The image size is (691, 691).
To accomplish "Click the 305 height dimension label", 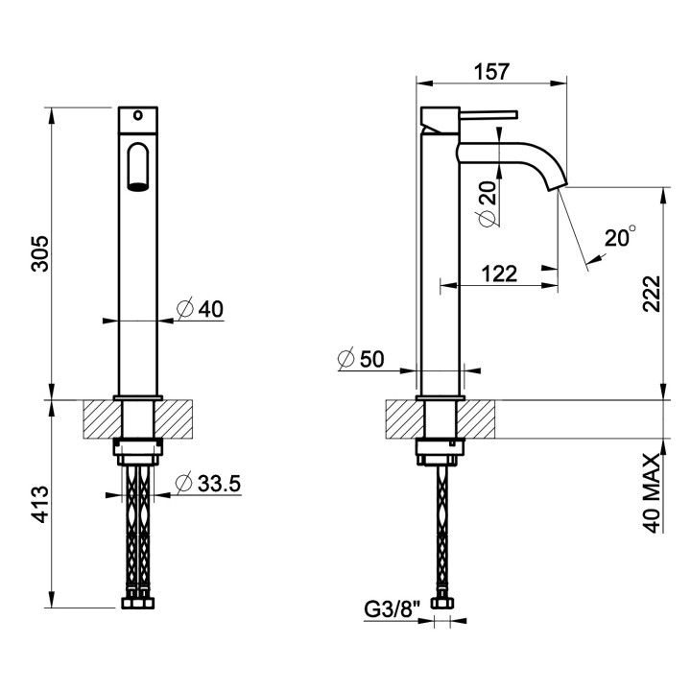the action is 39,253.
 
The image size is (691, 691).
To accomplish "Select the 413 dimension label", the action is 41,504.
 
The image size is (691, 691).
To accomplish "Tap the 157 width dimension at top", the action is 491,72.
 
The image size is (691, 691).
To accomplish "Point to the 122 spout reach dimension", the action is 499,274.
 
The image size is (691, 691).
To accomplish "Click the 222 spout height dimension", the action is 652,294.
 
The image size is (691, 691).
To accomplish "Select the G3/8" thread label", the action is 390,610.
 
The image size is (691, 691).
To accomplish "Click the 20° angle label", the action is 620,237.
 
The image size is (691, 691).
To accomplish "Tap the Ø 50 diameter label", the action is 361,359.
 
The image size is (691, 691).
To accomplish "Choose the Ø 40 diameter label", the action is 200,308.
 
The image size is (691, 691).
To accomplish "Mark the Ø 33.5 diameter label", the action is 208,483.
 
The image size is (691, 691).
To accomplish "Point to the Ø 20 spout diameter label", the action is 487,204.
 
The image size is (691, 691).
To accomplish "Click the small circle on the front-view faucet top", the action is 138,115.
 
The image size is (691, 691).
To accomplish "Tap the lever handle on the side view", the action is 488,114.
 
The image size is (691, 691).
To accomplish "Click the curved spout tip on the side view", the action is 558,186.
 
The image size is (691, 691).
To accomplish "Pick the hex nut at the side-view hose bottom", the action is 442,603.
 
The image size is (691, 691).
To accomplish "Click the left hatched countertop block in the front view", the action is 103,418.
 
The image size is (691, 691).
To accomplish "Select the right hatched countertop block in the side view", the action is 476,419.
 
